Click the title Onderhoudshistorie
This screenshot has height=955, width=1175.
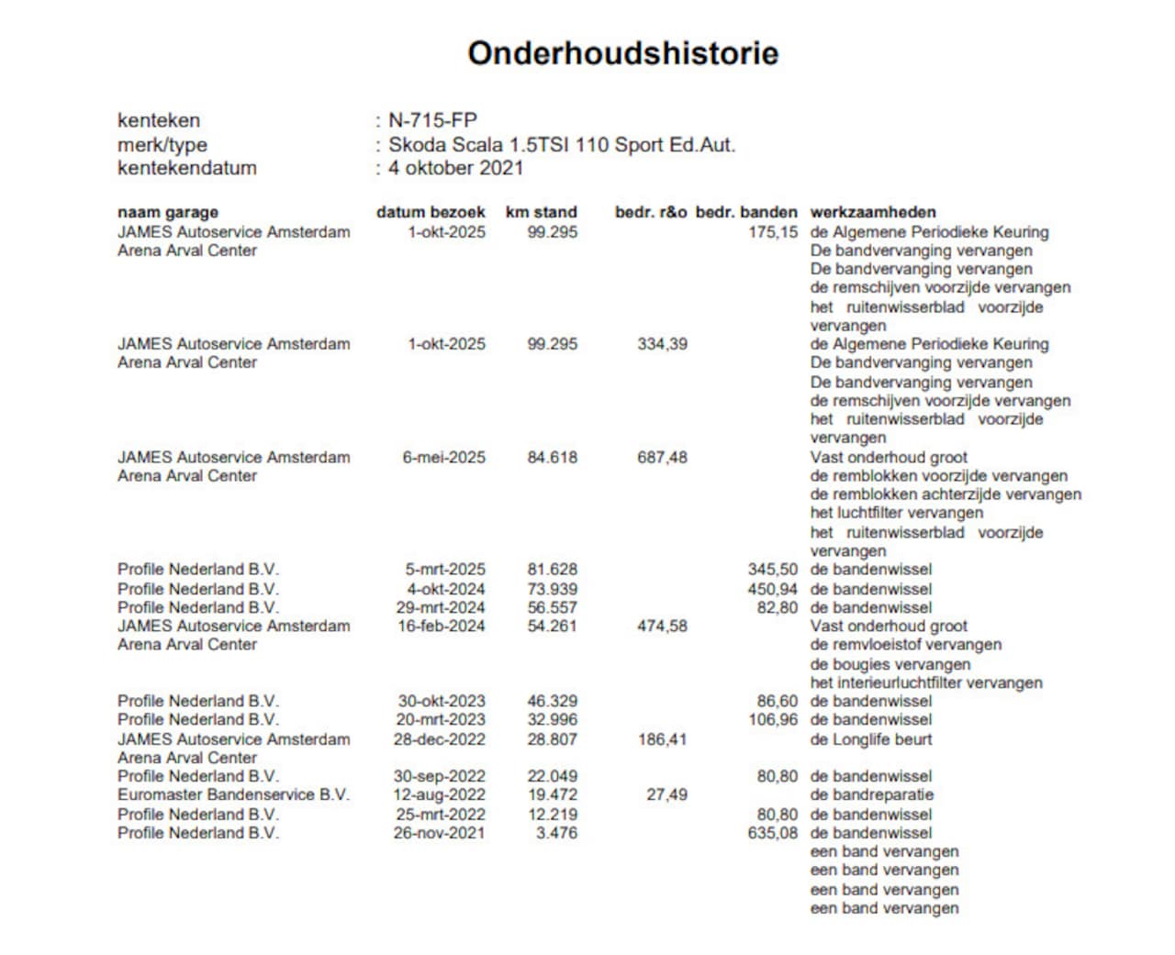click(622, 53)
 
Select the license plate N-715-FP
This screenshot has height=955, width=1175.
click(432, 120)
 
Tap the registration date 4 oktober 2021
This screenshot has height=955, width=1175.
click(455, 168)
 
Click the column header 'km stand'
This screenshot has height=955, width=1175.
click(541, 212)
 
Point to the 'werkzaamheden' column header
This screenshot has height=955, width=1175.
click(872, 212)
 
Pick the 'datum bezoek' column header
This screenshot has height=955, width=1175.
click(431, 212)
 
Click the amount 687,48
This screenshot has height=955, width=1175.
click(662, 457)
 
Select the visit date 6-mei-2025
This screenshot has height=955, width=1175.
click(443, 457)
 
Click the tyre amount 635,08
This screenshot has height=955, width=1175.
click(772, 833)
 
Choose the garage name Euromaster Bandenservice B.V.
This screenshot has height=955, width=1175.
click(233, 794)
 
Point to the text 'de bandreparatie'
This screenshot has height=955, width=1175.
click(871, 794)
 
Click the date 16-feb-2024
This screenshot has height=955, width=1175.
click(441, 626)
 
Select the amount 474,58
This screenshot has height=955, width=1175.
click(662, 626)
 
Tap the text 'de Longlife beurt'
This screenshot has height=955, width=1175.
click(870, 739)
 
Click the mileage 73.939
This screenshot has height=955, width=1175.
click(552, 589)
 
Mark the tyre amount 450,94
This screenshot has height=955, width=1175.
click(772, 589)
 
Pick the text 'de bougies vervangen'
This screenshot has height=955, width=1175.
click(890, 664)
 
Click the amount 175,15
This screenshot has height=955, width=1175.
click(772, 232)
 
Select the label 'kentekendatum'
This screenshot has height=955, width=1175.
click(187, 168)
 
